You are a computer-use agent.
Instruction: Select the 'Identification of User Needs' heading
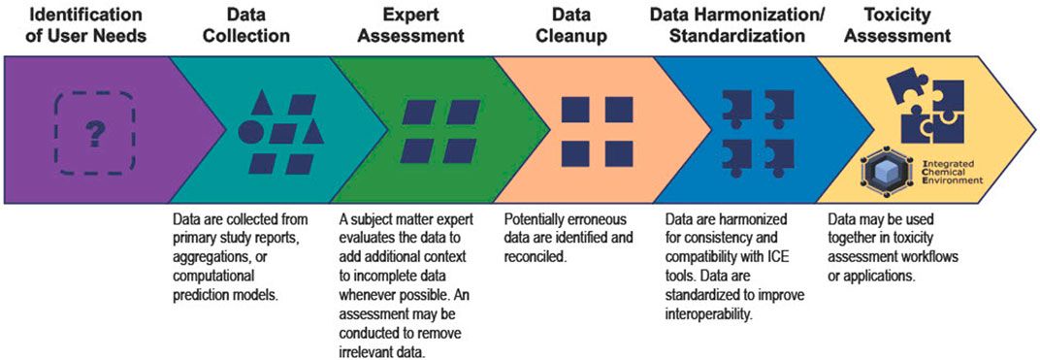coord(75,25)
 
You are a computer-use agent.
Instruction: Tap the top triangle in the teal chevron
coord(261,103)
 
